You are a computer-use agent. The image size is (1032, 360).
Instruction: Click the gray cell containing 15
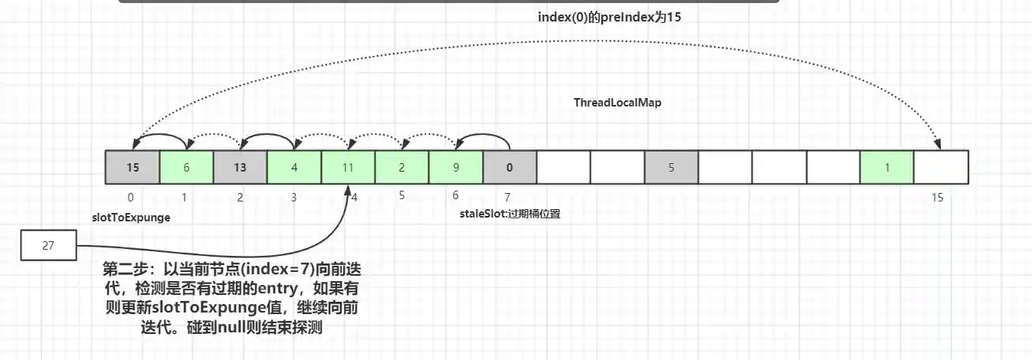click(x=133, y=167)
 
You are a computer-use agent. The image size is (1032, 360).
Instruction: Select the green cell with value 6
click(x=186, y=167)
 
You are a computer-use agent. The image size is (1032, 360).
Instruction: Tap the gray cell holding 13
click(x=240, y=167)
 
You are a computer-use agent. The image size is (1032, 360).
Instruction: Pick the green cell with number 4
click(x=293, y=167)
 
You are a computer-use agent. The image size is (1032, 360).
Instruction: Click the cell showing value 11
click(x=348, y=167)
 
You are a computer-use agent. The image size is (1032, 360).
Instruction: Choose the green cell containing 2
click(x=401, y=167)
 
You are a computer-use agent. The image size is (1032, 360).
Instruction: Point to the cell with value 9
click(x=455, y=167)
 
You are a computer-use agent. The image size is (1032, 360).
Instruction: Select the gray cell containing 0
click(x=509, y=167)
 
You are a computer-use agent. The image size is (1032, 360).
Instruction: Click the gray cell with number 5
click(x=671, y=167)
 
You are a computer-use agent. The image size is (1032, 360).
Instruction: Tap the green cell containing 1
click(x=887, y=167)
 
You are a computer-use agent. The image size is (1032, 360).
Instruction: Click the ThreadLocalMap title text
click(x=617, y=102)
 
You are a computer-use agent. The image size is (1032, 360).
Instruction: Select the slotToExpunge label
click(x=130, y=218)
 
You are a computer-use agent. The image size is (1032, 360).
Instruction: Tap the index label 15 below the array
click(x=937, y=198)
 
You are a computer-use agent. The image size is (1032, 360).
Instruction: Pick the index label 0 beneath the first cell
click(x=131, y=198)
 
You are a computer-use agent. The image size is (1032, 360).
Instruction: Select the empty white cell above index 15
click(x=942, y=167)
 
